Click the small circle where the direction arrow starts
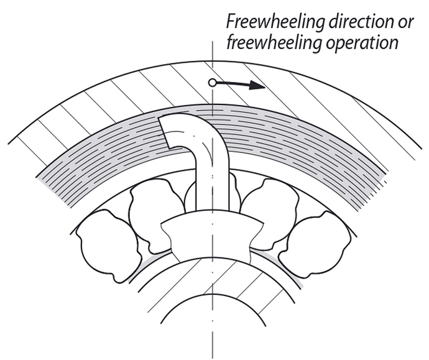tap(213, 82)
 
